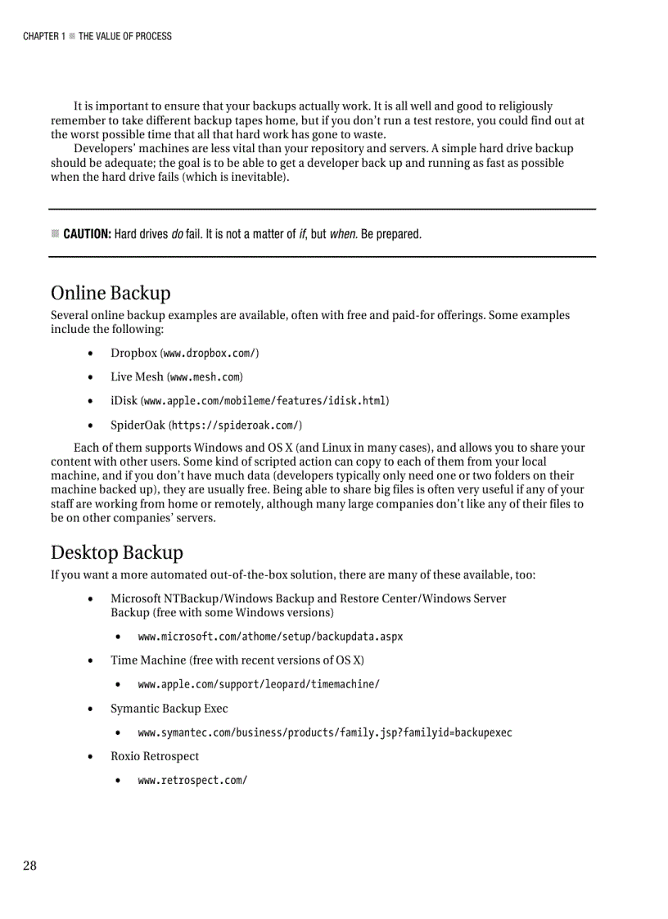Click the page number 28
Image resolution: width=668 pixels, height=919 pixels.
click(29, 866)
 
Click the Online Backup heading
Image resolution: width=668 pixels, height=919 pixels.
click(111, 293)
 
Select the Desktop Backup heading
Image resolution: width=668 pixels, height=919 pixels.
click(117, 552)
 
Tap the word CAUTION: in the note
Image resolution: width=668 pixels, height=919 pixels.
click(87, 234)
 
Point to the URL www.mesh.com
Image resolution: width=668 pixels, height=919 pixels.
click(205, 377)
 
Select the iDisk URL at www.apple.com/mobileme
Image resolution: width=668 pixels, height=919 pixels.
click(265, 401)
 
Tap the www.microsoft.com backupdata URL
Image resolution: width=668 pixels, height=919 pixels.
click(270, 637)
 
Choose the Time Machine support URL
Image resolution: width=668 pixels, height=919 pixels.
click(259, 684)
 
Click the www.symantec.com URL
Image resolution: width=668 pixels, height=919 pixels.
click(325, 732)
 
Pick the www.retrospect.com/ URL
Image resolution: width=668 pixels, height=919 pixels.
click(192, 781)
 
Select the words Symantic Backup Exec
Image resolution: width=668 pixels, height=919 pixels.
click(169, 709)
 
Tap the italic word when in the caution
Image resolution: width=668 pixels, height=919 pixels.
click(342, 234)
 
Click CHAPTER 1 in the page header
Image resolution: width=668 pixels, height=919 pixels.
click(41, 36)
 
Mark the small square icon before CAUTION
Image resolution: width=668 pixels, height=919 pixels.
click(55, 234)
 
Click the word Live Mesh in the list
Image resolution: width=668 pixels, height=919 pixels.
click(137, 377)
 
